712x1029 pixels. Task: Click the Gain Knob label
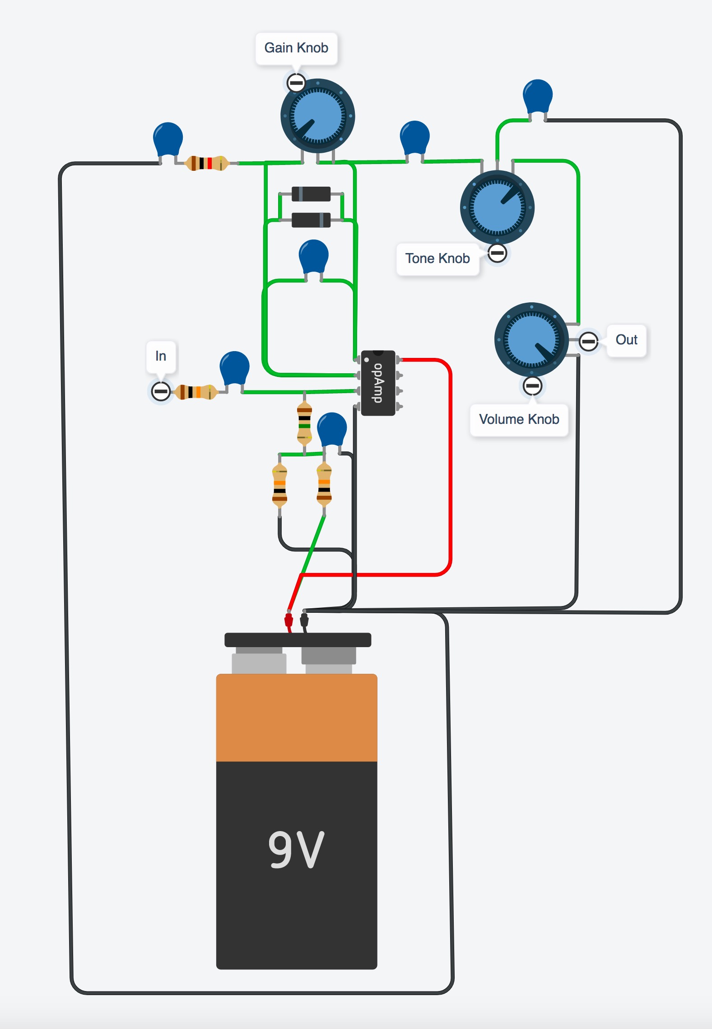pos(296,48)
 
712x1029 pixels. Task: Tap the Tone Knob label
pos(437,258)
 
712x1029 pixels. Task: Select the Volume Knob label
pos(519,419)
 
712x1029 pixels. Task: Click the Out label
pos(626,340)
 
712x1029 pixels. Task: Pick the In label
pos(161,356)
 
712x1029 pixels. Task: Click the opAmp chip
pos(378,383)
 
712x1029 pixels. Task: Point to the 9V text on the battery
pos(296,850)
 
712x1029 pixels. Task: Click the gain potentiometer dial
pos(318,116)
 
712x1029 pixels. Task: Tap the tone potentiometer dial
pos(497,207)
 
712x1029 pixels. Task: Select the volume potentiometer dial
pos(532,340)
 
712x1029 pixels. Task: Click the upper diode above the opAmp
pos(311,194)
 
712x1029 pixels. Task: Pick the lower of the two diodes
pos(311,220)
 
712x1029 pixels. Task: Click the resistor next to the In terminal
pos(195,392)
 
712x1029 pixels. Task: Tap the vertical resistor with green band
pos(304,423)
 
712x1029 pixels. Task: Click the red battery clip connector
pos(289,620)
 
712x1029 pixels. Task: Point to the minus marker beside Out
pos(588,341)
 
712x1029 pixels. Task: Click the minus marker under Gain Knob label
pos(296,83)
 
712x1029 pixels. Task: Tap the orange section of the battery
pos(297,718)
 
